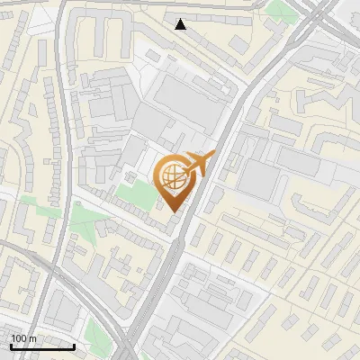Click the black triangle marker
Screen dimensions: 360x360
coord(181,24)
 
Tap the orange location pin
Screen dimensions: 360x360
coord(173,180)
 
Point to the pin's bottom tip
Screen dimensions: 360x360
coord(173,211)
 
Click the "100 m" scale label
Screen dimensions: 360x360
coord(23,338)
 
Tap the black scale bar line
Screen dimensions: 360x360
coord(41,346)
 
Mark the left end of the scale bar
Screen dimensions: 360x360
coord(10,346)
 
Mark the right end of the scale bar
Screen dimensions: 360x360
coord(74,346)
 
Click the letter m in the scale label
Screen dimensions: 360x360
coord(32,338)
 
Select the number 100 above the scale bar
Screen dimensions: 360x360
coord(19,338)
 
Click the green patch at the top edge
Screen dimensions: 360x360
coord(282,9)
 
